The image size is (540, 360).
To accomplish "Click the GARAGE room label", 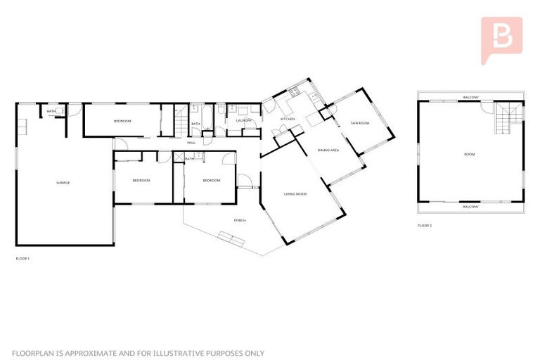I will coord(63,183).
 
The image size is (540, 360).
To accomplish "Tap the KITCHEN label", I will coord(288,120).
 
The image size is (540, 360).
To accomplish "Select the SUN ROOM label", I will coord(360,123).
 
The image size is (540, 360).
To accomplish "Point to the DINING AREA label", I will coord(329,150).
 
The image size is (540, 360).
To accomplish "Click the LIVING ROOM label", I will coord(295,193).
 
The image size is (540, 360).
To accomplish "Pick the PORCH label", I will coord(240,221).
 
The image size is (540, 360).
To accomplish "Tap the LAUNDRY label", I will coord(244,120).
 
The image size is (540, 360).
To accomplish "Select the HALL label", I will coord(191,143).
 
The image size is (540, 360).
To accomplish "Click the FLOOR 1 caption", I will coord(22,259).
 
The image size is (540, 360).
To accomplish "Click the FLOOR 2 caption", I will coord(424,226).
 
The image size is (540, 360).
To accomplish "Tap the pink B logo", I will coord(501,39).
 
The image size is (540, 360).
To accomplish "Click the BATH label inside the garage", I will coord(51,112).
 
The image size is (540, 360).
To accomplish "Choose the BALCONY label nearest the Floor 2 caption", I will coord(470,207).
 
